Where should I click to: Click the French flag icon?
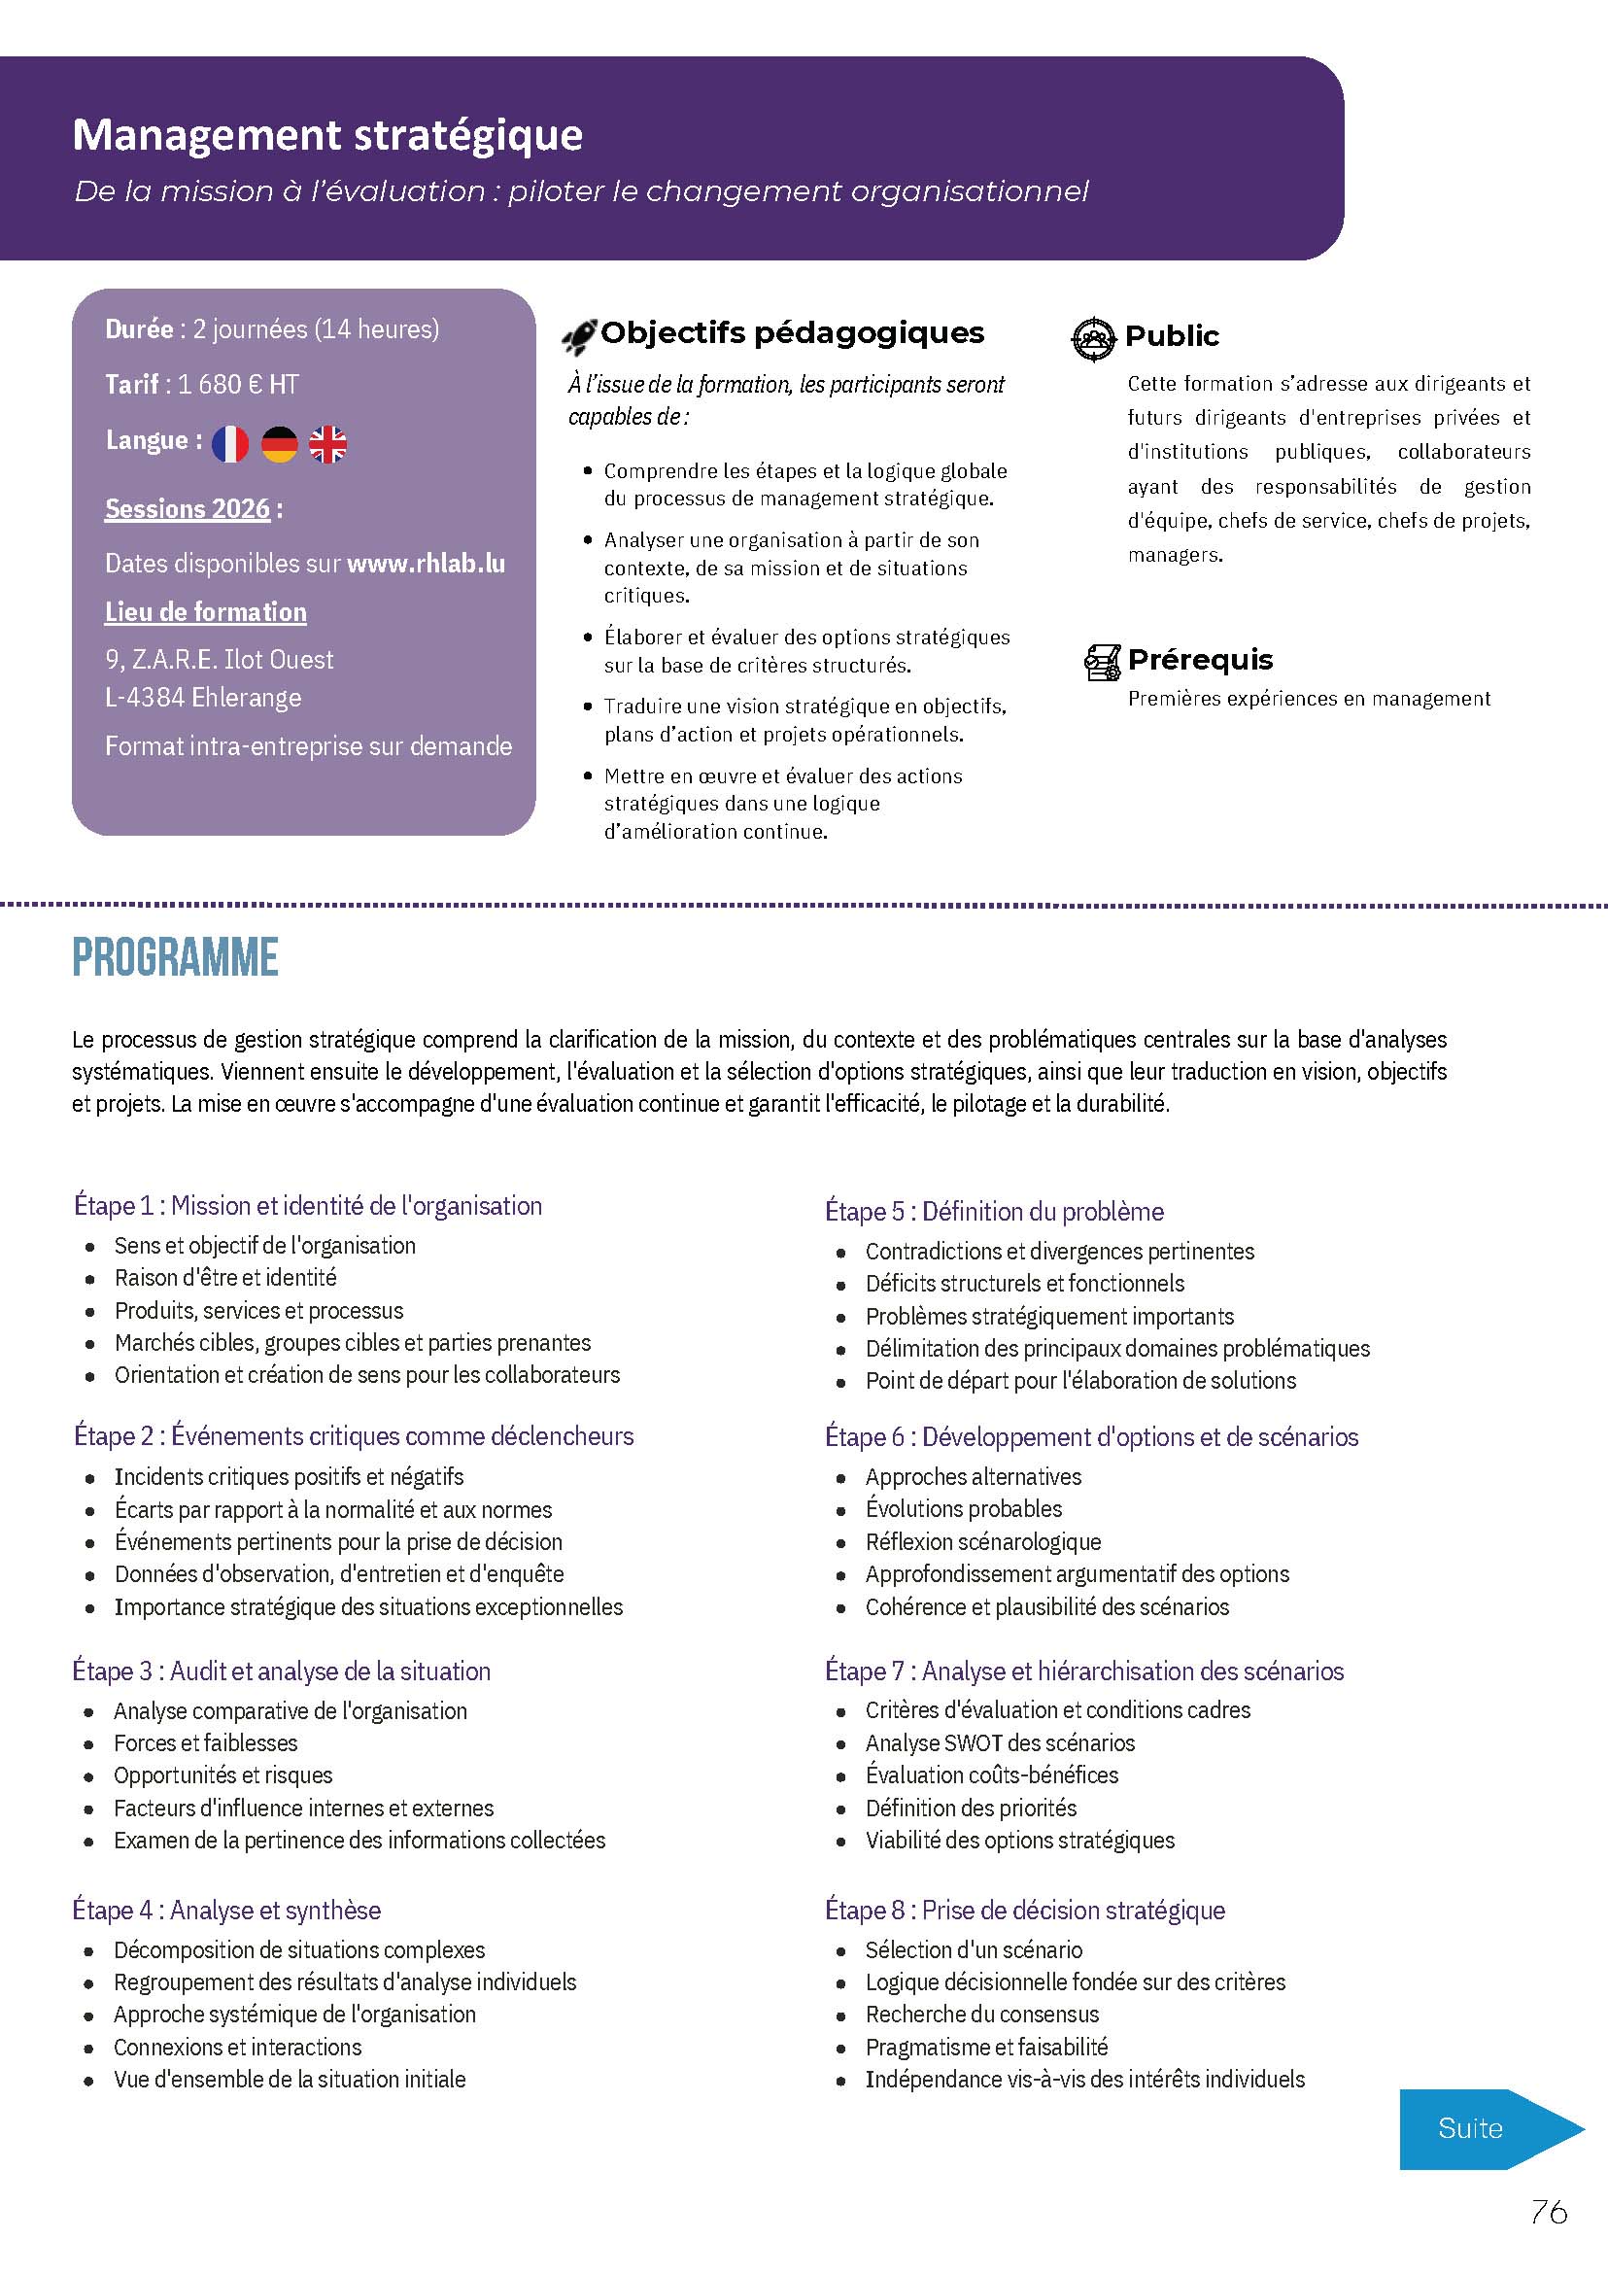point(229,444)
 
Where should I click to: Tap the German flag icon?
point(279,444)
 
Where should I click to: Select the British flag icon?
point(327,444)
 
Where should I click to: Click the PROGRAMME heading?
point(175,958)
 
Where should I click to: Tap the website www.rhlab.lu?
point(426,564)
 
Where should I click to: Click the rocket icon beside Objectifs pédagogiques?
point(578,337)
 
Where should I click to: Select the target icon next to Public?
point(1093,338)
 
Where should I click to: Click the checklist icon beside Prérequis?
point(1102,662)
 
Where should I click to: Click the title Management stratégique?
point(327,135)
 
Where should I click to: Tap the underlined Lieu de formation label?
point(206,612)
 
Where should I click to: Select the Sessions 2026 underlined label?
point(188,509)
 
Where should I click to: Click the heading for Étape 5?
point(994,1211)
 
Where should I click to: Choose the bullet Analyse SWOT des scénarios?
point(1000,1742)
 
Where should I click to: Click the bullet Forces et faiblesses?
point(206,1742)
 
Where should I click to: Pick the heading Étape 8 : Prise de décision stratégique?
point(1025,1910)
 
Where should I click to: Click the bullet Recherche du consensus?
point(981,2014)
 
